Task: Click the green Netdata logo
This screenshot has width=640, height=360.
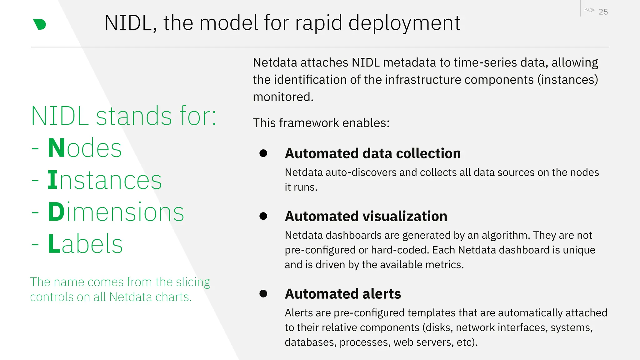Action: (40, 24)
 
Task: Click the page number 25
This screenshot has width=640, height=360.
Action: (603, 12)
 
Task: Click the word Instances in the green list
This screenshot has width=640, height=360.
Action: (105, 180)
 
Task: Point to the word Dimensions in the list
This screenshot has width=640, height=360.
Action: (116, 212)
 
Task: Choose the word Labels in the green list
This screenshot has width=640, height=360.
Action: (85, 244)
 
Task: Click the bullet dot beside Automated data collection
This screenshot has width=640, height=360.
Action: (263, 153)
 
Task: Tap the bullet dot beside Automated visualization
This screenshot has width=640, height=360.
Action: (263, 216)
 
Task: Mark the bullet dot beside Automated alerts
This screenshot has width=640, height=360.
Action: (263, 293)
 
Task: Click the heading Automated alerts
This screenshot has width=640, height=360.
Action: (343, 294)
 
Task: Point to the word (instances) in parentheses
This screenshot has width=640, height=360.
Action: (567, 80)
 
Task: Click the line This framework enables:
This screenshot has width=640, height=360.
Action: (321, 123)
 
